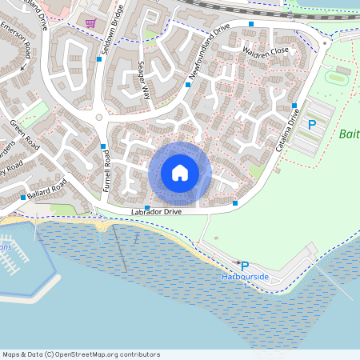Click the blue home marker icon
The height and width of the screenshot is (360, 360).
(x=180, y=173)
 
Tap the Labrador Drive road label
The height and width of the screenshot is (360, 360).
(x=157, y=212)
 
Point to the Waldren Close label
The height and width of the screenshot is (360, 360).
(x=265, y=50)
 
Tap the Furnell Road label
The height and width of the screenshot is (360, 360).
(x=105, y=171)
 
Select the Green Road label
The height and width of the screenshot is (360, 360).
(x=25, y=135)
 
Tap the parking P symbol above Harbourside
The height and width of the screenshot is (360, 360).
(x=245, y=266)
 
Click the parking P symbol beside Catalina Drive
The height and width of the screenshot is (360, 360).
(x=313, y=124)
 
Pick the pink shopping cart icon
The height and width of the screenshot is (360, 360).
(x=90, y=22)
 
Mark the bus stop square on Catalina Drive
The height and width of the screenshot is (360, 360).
(x=294, y=106)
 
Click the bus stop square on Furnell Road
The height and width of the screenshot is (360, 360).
(x=103, y=146)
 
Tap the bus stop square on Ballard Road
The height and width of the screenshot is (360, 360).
(x=22, y=198)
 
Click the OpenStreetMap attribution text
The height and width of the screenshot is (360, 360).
(x=82, y=354)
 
